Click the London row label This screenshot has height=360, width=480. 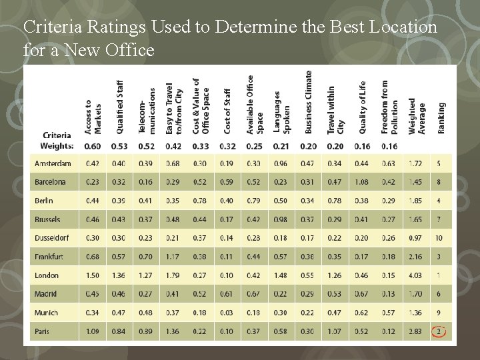click(47, 275)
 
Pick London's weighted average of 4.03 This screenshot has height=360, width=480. click(416, 275)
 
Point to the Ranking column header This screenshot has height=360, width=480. click(441, 118)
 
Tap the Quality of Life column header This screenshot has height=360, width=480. click(363, 109)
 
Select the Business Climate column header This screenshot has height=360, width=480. click(308, 109)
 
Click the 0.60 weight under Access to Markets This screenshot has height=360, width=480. click(93, 146)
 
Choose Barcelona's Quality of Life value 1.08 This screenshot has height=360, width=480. click(361, 182)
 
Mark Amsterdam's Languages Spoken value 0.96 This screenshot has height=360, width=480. click(280, 163)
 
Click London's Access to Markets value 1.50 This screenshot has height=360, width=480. click(93, 275)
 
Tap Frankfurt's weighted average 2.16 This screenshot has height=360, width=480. click(416, 257)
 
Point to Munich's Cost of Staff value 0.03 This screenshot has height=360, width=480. click(226, 313)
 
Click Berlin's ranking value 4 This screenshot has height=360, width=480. click(439, 201)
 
